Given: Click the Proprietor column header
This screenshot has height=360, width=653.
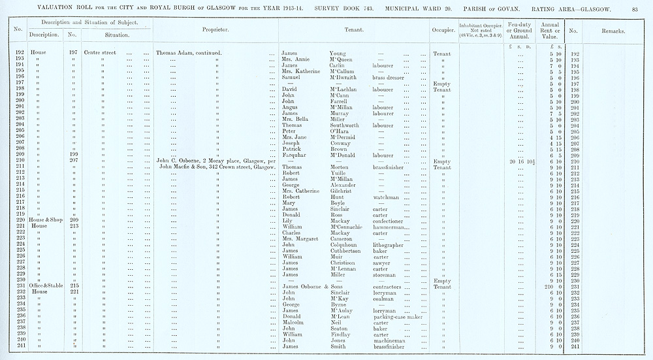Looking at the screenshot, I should point(215,31).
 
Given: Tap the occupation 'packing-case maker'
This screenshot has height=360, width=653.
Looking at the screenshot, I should point(398,316).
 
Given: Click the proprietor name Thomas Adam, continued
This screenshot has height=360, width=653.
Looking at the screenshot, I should point(189,53).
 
